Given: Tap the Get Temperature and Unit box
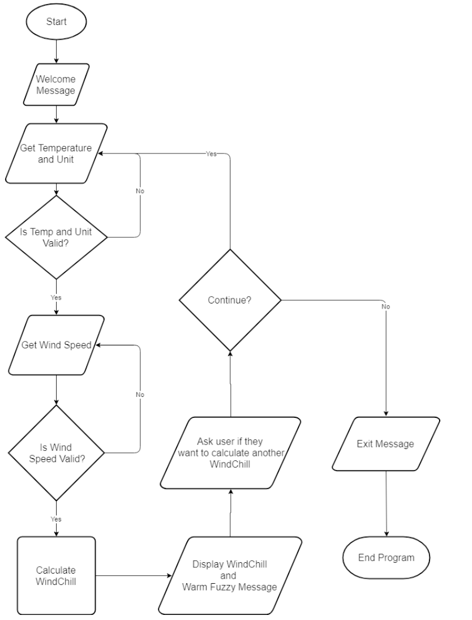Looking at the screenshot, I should [56, 153].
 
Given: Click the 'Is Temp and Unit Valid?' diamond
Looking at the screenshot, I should [56, 237].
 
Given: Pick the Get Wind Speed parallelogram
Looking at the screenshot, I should [56, 345].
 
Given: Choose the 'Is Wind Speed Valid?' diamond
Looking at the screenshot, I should [56, 452].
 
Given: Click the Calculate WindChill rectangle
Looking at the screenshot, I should [56, 576].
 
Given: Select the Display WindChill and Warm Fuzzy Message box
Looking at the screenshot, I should [229, 576].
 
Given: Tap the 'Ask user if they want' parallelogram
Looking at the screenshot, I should [229, 452].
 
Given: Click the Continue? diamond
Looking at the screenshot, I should [230, 300].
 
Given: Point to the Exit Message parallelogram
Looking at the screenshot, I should [385, 444].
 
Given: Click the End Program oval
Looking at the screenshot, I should [386, 558].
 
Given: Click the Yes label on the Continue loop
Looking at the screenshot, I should [211, 153].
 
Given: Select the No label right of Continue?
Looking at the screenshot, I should [386, 306].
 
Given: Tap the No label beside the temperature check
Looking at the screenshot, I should [140, 191].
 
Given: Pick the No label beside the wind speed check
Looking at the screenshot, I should [140, 394].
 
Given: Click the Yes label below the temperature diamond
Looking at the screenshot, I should [56, 297].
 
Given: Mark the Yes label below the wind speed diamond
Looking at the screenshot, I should [56, 519].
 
